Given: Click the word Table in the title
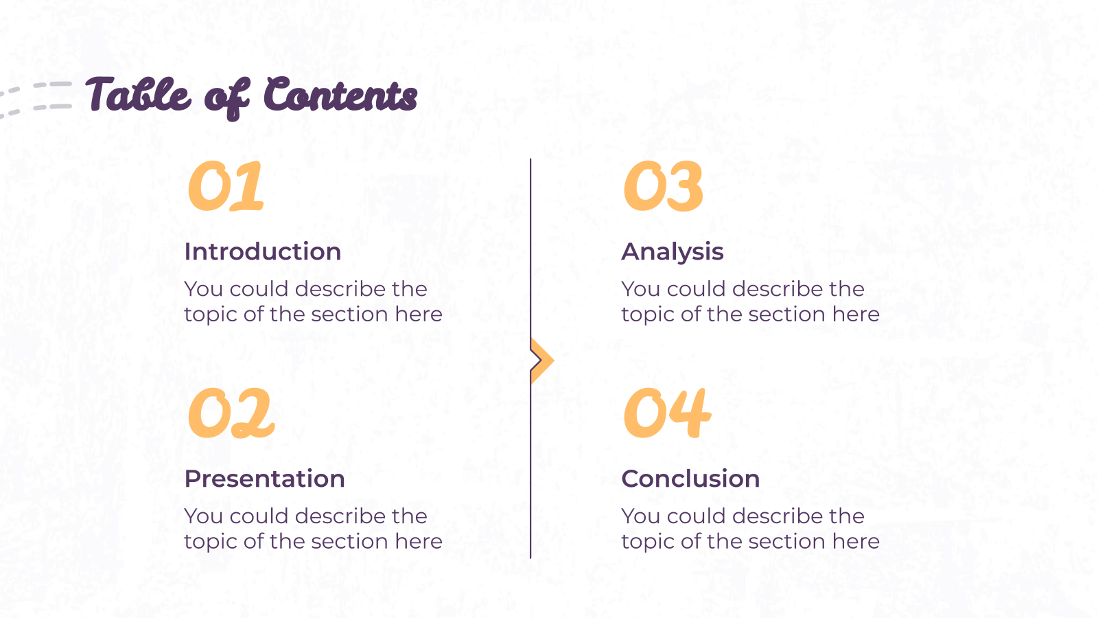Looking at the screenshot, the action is pyautogui.click(x=138, y=94).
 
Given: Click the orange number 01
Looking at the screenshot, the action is pyautogui.click(x=226, y=186).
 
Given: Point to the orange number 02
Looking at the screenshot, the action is pyautogui.click(x=231, y=413).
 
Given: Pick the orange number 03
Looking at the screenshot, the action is pyautogui.click(x=663, y=186).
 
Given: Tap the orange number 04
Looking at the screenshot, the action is pyautogui.click(x=666, y=413).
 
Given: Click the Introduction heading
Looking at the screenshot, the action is pyautogui.click(x=263, y=251).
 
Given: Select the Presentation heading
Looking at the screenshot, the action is pyautogui.click(x=265, y=479).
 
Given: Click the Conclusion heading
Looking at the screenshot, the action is pyautogui.click(x=690, y=479).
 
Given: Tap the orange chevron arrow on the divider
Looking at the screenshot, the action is pyautogui.click(x=542, y=360).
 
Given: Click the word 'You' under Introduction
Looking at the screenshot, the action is pyautogui.click(x=203, y=289).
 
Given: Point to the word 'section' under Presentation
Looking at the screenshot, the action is pyautogui.click(x=349, y=542).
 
